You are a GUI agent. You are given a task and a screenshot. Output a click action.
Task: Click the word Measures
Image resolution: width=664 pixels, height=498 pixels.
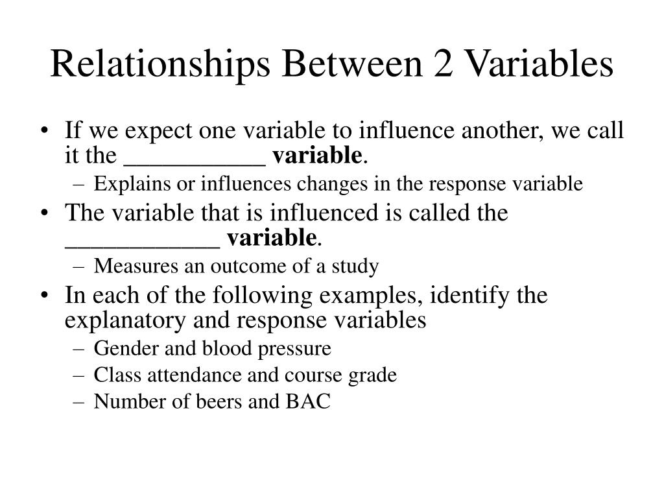tap(126, 266)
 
